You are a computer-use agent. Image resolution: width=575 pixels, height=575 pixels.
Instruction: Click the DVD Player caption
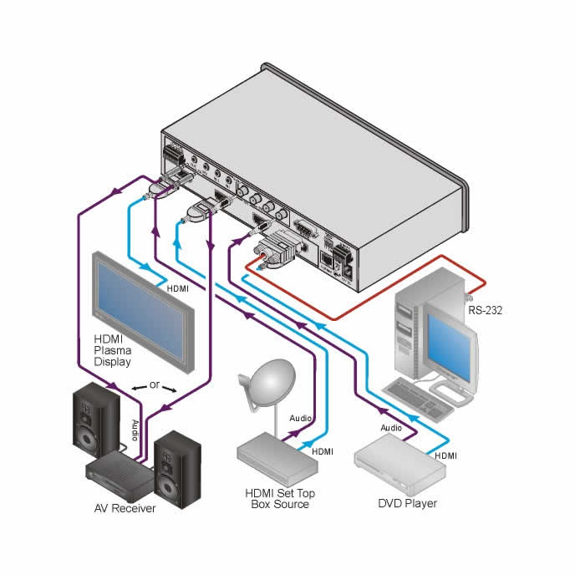tap(408, 503)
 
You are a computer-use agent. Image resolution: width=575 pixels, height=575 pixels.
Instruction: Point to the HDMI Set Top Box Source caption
tap(279, 498)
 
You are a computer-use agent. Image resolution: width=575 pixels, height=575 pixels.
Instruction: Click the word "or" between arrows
tap(154, 387)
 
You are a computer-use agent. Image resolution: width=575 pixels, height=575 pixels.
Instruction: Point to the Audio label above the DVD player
tap(391, 427)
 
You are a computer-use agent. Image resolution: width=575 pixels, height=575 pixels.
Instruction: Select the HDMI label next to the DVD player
tap(445, 456)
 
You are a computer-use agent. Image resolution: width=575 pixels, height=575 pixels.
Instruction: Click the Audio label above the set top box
tap(301, 417)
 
